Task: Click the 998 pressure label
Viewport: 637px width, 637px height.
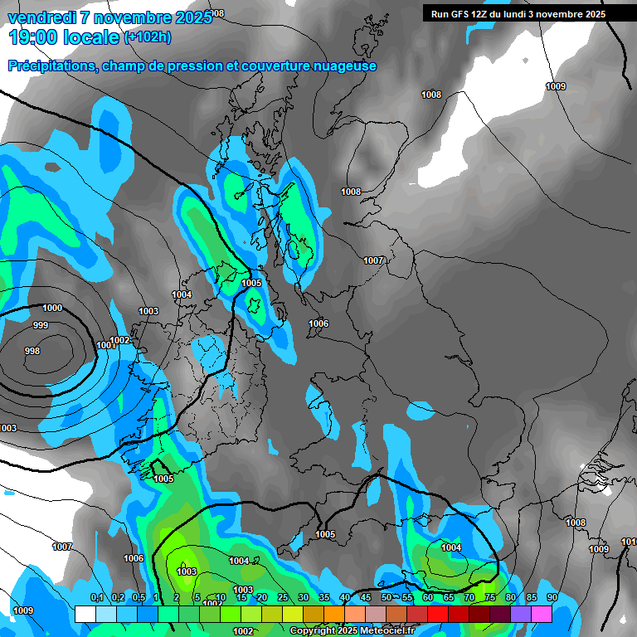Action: pos(32,351)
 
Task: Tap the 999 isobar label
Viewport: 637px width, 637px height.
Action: pos(41,325)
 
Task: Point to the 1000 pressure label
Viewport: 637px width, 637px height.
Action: pos(52,308)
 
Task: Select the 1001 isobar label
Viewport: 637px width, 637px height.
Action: pos(105,345)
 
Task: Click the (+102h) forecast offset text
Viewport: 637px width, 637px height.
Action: pos(148,36)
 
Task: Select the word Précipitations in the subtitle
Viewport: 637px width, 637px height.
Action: pos(51,66)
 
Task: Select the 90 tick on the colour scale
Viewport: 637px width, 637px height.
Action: pos(552,597)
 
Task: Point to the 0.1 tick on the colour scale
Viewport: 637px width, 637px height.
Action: pos(96,597)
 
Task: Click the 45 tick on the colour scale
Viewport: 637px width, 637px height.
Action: pos(365,597)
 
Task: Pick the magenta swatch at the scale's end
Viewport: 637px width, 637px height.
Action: pos(542,614)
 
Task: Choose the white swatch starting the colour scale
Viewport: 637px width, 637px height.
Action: pos(85,614)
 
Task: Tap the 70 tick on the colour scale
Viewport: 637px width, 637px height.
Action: pos(469,597)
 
